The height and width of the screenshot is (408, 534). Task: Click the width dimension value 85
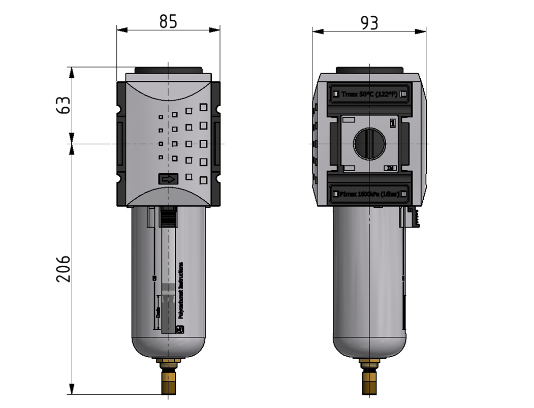168,22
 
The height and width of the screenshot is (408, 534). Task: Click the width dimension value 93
369,22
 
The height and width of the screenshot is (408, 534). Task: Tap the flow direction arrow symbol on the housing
168,179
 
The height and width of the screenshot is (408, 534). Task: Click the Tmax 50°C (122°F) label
368,94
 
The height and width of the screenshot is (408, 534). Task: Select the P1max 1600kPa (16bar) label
368,194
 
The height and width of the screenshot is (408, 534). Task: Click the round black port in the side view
369,144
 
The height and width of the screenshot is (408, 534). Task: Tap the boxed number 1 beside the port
392,123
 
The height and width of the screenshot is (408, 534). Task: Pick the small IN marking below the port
390,168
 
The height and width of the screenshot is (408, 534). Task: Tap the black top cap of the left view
168,70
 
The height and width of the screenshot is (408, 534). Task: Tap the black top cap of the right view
369,70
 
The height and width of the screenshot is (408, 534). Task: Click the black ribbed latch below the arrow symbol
168,217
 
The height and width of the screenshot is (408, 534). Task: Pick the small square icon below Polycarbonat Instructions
179,329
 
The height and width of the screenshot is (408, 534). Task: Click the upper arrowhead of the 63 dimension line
73,72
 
